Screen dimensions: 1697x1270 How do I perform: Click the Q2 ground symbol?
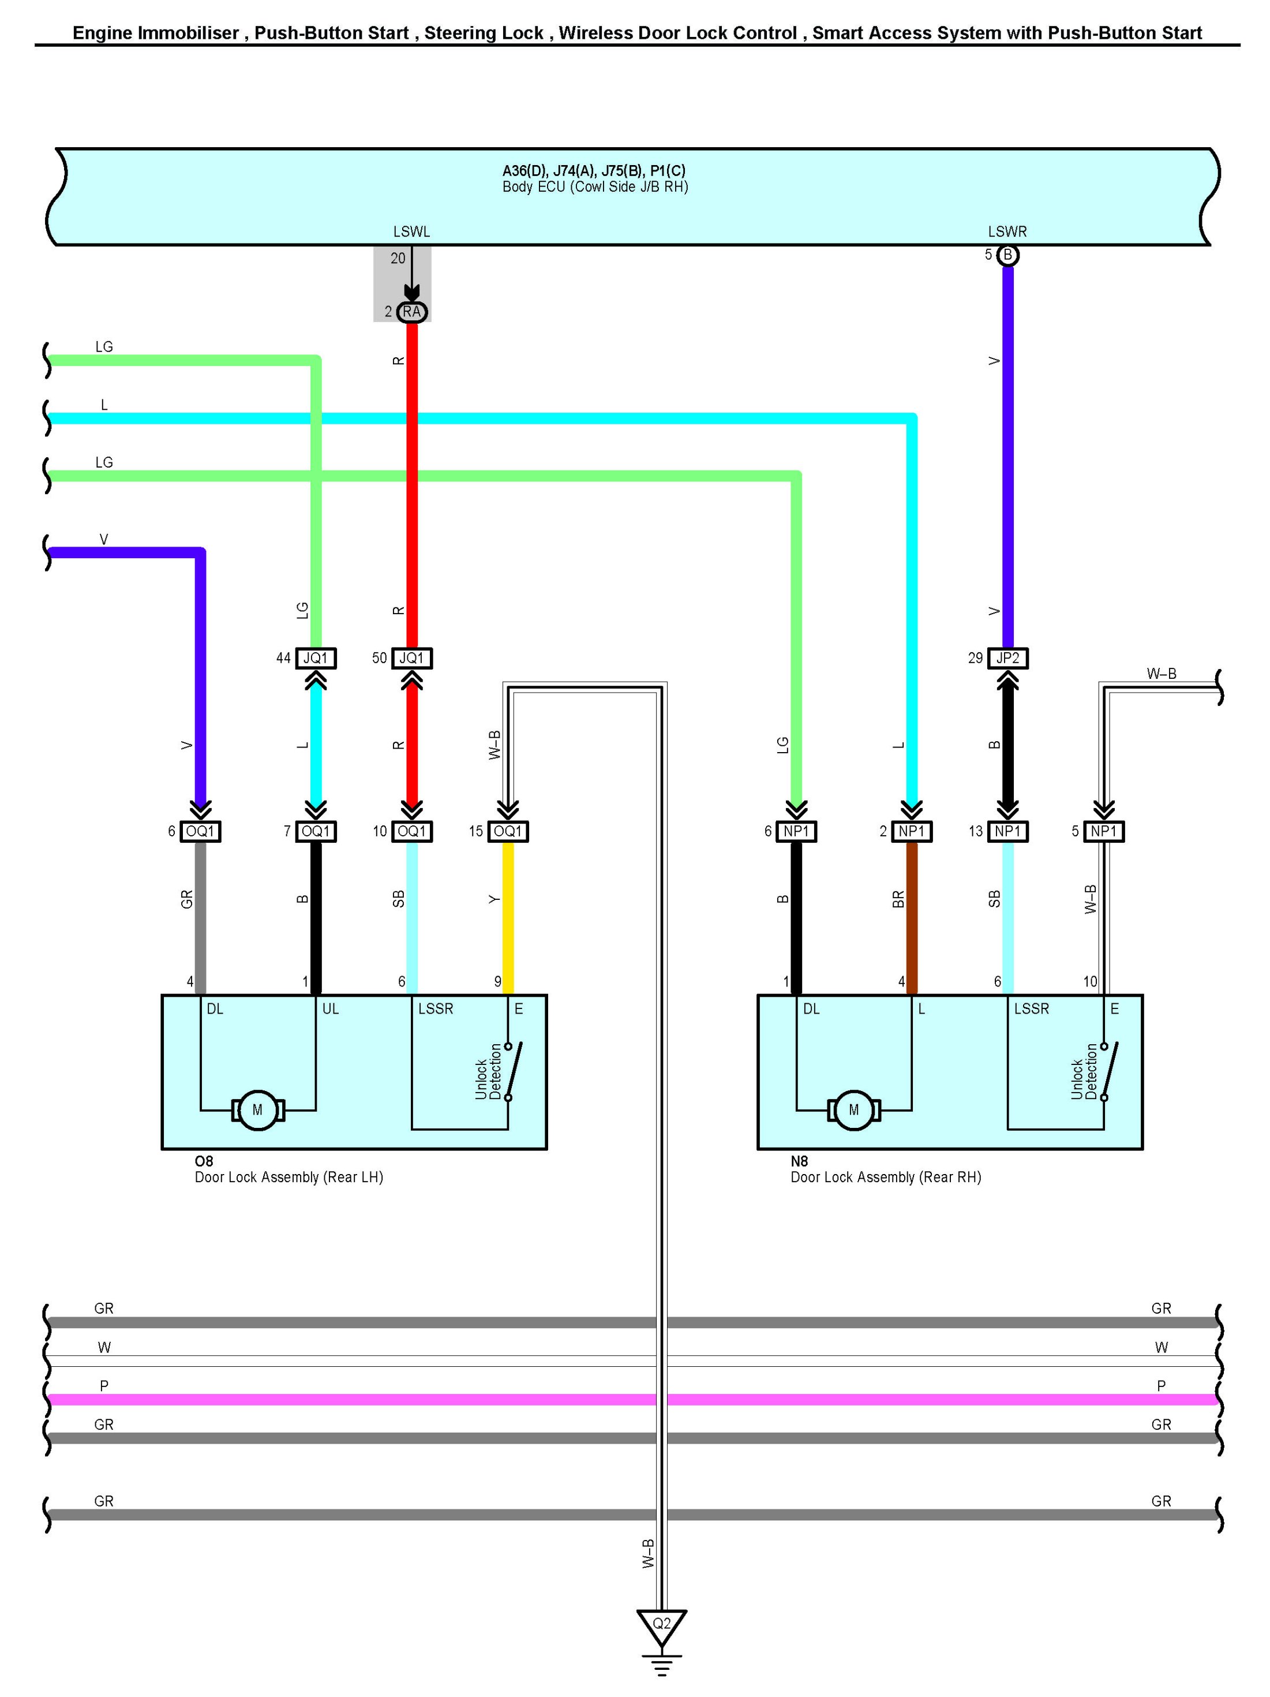click(661, 1625)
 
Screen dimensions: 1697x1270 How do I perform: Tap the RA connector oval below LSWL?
click(412, 312)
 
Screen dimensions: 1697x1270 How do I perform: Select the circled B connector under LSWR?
click(1007, 255)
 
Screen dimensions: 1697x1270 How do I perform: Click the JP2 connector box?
click(1007, 658)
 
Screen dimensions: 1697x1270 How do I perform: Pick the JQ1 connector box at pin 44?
click(315, 658)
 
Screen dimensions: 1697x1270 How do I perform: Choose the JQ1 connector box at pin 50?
click(412, 658)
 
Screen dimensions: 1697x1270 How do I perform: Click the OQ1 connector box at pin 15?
click(508, 831)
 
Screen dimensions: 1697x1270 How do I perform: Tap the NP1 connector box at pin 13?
click(1007, 831)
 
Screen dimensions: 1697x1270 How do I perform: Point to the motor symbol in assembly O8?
click(258, 1110)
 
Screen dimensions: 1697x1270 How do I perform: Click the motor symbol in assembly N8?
click(853, 1110)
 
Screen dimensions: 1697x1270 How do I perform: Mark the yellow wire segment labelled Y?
click(508, 913)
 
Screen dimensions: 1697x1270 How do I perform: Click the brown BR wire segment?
click(912, 913)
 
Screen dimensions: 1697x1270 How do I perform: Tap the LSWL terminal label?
click(412, 231)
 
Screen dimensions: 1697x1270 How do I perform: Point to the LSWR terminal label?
click(1007, 231)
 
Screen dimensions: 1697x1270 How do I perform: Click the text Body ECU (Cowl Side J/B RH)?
click(595, 187)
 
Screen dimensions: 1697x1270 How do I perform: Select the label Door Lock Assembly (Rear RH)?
click(886, 1177)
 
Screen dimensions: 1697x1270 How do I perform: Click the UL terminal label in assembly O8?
click(331, 1009)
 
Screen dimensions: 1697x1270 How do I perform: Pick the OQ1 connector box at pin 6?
click(200, 831)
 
